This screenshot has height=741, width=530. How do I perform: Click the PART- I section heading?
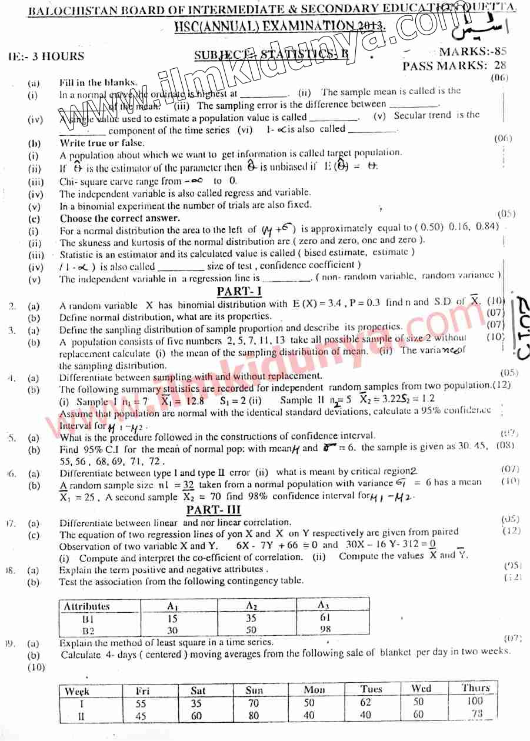[x=239, y=291]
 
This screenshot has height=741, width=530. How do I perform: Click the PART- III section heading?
[x=214, y=509]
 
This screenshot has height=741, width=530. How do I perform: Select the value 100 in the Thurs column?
[x=475, y=701]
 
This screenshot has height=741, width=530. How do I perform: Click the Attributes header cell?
[x=86, y=606]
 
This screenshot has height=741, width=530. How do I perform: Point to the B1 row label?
[x=88, y=619]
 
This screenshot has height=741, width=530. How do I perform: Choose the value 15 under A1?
[x=172, y=618]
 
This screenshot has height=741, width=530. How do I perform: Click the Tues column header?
[x=371, y=689]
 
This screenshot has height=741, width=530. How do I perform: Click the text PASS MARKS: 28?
[x=454, y=66]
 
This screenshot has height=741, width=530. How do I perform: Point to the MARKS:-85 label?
[x=476, y=52]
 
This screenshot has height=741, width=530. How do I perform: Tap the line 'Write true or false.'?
[x=102, y=143]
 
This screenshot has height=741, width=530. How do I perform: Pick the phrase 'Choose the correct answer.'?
[x=120, y=218]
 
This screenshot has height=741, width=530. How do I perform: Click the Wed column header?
[x=421, y=689]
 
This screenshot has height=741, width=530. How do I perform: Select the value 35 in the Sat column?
[x=196, y=703]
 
